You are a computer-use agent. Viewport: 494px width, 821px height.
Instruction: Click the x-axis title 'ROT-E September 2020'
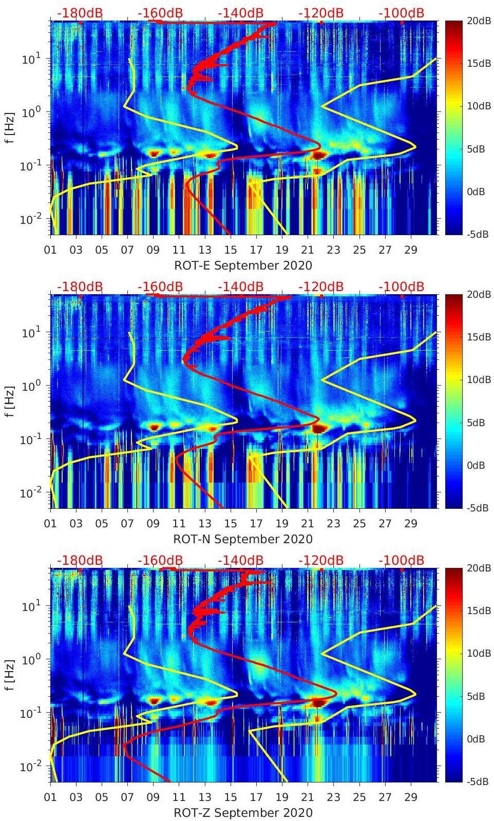(243, 265)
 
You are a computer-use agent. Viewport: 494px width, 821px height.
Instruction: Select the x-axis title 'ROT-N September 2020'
(243, 539)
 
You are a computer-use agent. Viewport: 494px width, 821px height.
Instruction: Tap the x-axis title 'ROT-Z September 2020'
(243, 813)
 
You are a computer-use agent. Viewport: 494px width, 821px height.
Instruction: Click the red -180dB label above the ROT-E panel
(80, 13)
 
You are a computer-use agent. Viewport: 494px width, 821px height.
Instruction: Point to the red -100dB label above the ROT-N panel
(402, 287)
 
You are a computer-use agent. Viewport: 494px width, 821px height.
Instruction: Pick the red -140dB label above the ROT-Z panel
(240, 561)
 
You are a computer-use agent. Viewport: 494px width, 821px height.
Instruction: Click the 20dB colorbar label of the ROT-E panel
(479, 21)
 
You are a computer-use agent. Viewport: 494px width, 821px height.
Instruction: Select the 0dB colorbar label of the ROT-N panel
(476, 465)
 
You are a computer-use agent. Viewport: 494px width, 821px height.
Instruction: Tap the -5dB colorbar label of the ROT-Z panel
(478, 781)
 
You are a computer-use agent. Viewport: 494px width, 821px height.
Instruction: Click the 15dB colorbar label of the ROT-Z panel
(479, 610)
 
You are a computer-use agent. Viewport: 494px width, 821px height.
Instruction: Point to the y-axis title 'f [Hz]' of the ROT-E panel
(10, 127)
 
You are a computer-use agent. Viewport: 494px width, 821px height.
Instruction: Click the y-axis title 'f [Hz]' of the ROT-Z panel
(10, 675)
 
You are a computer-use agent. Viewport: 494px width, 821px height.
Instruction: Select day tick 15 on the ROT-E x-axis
(231, 250)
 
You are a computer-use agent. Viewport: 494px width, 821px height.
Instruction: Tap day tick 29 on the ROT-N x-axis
(411, 524)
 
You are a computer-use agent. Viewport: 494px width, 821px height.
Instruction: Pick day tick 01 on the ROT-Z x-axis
(50, 797)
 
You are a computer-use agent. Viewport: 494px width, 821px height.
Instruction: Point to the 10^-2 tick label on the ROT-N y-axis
(30, 493)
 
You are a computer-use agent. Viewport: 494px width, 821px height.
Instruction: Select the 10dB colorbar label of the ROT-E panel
(479, 106)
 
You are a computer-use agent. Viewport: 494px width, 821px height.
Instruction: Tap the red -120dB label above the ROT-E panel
(321, 13)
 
